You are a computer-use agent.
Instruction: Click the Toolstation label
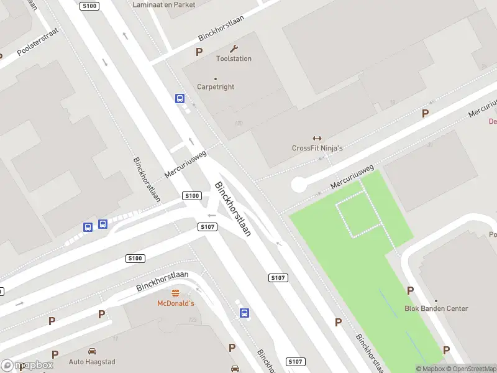(234, 58)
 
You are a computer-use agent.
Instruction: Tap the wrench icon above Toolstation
(234, 48)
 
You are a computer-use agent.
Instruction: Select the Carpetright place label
(216, 87)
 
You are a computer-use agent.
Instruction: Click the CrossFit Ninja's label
(317, 148)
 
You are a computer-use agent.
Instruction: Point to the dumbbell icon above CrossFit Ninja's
(317, 139)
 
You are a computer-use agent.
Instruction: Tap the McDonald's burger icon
(175, 293)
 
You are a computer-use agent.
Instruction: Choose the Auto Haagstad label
(92, 361)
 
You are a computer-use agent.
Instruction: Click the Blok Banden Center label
(436, 308)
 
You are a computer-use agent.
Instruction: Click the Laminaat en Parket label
(164, 4)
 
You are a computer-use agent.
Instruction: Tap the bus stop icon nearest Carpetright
(180, 98)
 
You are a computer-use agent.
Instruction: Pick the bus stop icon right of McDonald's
(245, 313)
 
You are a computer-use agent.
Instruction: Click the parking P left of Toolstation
(199, 52)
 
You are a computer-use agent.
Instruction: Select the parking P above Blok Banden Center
(410, 290)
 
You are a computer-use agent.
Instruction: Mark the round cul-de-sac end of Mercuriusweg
(299, 185)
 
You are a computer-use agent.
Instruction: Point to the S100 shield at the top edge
(89, 6)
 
